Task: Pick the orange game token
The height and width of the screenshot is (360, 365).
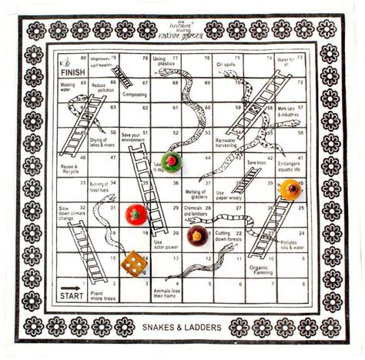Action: (290, 189)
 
